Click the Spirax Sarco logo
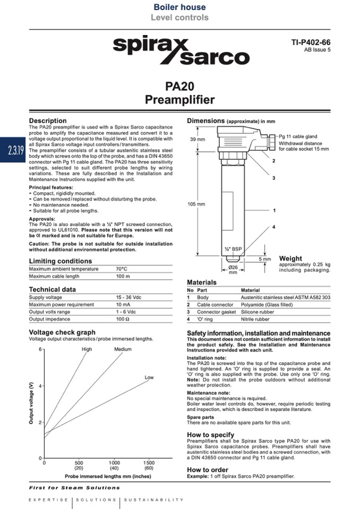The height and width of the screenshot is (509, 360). pyautogui.click(x=181, y=50)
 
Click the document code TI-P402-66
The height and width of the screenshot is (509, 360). pyautogui.click(x=311, y=42)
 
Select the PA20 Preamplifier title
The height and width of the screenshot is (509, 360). pyautogui.click(x=180, y=93)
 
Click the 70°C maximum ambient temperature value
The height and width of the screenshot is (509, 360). pyautogui.click(x=122, y=269)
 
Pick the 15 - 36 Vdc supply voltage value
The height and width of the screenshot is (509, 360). pyautogui.click(x=129, y=297)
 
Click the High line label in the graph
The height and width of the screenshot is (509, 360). pyautogui.click(x=87, y=349)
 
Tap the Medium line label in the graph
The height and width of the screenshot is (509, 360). pyautogui.click(x=123, y=349)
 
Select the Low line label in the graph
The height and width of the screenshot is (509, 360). pyautogui.click(x=149, y=377)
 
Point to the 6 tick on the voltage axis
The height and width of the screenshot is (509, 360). pyautogui.click(x=39, y=349)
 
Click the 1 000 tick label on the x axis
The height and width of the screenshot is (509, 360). pyautogui.click(x=114, y=463)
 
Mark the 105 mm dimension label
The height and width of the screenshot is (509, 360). pyautogui.click(x=196, y=204)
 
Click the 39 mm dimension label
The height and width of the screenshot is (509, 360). pyautogui.click(x=197, y=140)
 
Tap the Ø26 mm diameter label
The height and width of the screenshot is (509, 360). pyautogui.click(x=233, y=270)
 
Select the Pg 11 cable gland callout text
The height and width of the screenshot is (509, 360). pyautogui.click(x=298, y=137)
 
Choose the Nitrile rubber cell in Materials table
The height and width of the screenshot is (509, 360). pyautogui.click(x=255, y=320)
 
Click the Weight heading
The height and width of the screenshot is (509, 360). pyautogui.click(x=290, y=258)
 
